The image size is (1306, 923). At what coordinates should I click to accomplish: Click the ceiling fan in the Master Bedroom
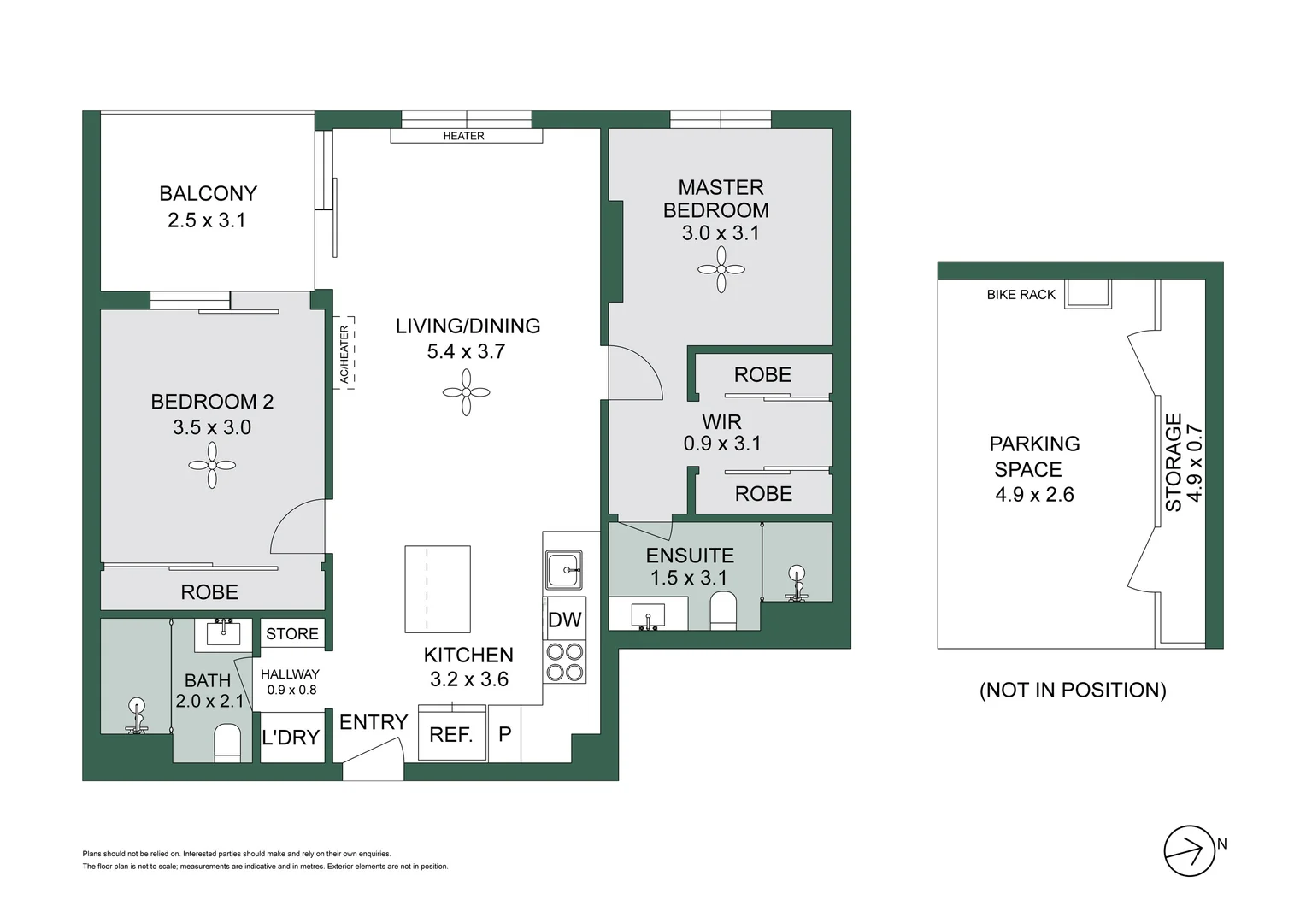coord(721,270)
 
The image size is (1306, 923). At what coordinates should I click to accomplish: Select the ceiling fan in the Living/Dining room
coord(466,392)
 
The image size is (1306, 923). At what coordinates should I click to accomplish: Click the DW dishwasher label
coord(564,620)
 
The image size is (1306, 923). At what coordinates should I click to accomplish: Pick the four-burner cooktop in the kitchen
coord(564,661)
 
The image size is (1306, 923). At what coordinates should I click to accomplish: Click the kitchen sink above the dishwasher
coord(564,569)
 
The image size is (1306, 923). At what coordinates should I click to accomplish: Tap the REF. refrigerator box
coord(451,734)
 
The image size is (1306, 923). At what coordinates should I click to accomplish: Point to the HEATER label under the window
coord(463,136)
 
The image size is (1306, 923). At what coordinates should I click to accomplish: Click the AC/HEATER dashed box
coord(344,353)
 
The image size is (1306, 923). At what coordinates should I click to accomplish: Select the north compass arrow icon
coord(1189,851)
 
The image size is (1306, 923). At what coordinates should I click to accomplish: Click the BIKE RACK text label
coord(1021,295)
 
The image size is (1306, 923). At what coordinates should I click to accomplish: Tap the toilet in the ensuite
coord(723,611)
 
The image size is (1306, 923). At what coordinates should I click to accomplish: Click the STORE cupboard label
coord(291,633)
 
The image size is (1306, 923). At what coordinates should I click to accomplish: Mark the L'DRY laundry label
coord(291,737)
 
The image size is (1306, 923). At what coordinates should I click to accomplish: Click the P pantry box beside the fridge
coord(505,733)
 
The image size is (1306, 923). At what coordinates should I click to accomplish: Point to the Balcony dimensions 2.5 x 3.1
coord(207,220)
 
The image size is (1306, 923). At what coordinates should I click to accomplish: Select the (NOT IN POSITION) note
coord(1072,690)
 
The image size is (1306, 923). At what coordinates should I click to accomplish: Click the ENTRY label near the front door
coord(374,722)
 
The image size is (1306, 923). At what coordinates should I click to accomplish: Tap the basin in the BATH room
coord(224,634)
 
